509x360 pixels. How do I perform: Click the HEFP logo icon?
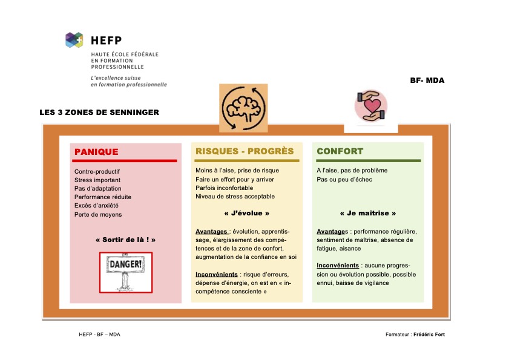pyautogui.click(x=74, y=41)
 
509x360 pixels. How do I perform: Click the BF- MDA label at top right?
pyautogui.click(x=427, y=80)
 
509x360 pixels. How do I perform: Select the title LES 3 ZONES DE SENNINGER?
pyautogui.click(x=99, y=112)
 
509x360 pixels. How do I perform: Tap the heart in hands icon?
pyautogui.click(x=370, y=105)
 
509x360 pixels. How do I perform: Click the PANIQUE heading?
pyautogui.click(x=96, y=152)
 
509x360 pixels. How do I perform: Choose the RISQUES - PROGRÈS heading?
pyautogui.click(x=245, y=151)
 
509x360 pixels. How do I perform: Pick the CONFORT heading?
pyautogui.click(x=340, y=151)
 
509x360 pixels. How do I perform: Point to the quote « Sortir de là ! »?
pyautogui.click(x=125, y=240)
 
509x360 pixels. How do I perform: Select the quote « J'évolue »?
pyautogui.click(x=247, y=214)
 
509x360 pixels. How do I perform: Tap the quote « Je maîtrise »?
pyautogui.click(x=368, y=214)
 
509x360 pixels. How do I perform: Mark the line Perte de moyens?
pyautogui.click(x=98, y=214)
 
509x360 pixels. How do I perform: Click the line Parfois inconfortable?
pyautogui.click(x=224, y=188)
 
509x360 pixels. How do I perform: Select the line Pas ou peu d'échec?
pyautogui.click(x=344, y=179)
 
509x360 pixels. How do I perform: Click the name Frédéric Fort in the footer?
pyautogui.click(x=429, y=335)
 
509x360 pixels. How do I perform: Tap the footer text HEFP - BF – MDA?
pyautogui.click(x=99, y=335)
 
